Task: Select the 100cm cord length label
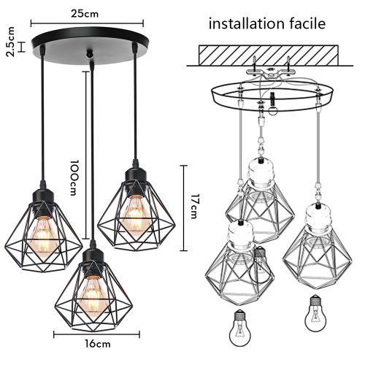click(74, 178)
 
